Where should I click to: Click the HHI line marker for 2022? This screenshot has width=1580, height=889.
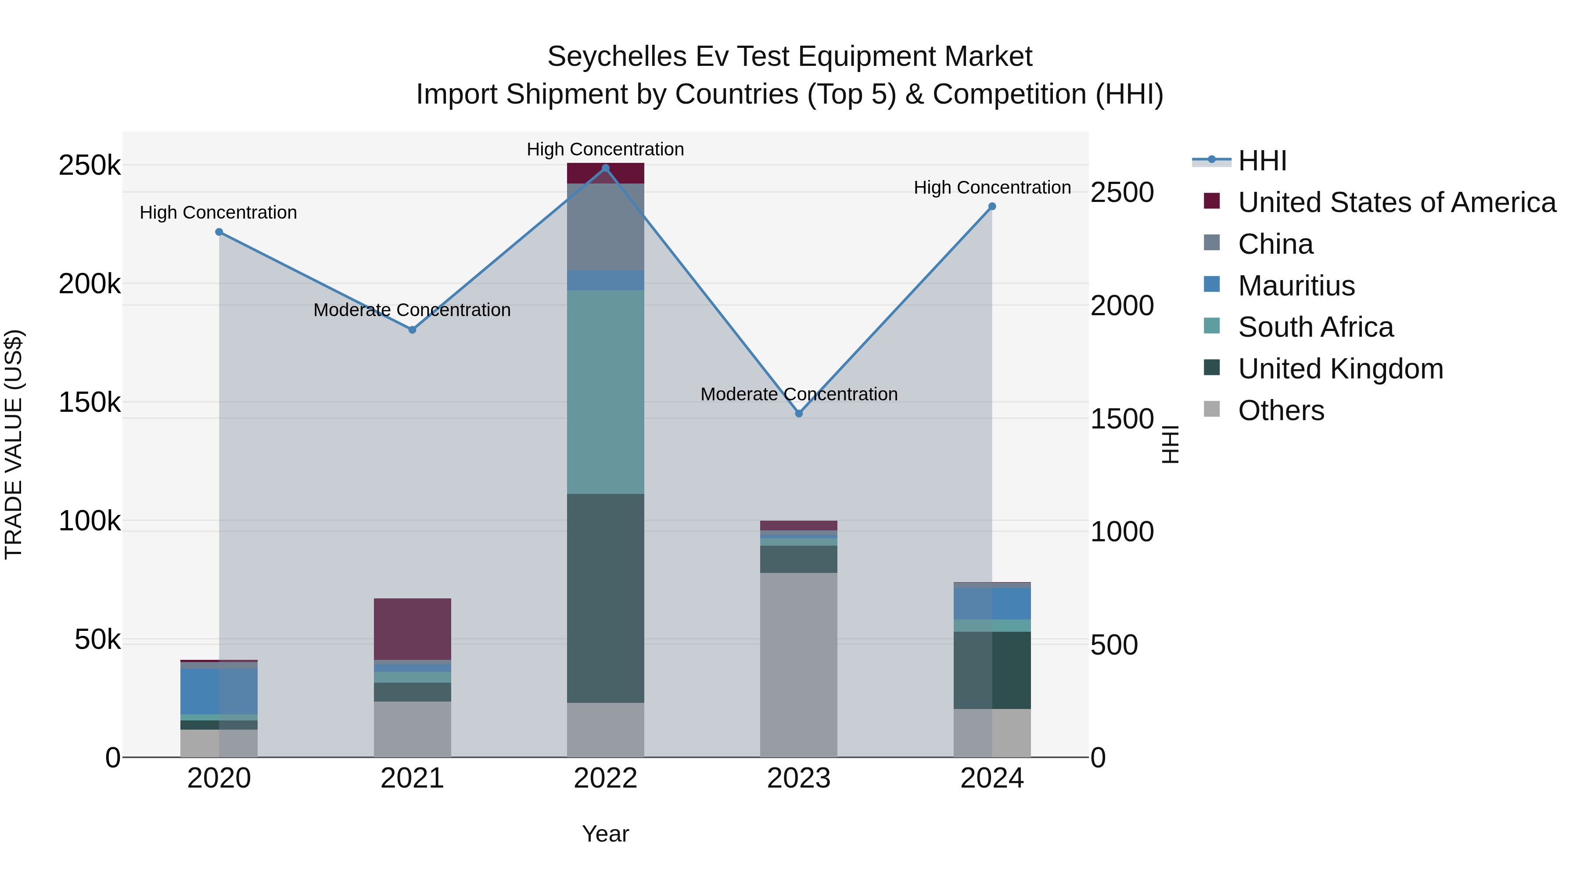605,168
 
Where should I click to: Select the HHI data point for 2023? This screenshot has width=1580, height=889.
799,414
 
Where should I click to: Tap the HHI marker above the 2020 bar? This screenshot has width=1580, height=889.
219,232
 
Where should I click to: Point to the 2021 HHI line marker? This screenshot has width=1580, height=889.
412,329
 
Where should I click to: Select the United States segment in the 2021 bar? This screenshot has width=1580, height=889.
412,628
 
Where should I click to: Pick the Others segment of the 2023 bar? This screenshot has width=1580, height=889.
799,665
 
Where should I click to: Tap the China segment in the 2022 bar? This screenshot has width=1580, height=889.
605,227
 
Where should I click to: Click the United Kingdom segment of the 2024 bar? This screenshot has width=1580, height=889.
992,670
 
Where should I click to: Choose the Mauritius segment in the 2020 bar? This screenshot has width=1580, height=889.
219,691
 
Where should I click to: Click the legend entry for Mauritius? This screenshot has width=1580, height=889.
1296,286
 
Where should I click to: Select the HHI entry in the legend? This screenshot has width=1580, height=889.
1262,161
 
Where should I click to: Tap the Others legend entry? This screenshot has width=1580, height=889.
1281,410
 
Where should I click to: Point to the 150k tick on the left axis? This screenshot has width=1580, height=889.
90,403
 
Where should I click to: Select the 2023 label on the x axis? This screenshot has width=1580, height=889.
799,778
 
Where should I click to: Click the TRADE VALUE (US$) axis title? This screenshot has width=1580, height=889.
14,444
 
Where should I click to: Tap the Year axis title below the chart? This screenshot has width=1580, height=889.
605,834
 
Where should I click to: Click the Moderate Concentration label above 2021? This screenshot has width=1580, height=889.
412,310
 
